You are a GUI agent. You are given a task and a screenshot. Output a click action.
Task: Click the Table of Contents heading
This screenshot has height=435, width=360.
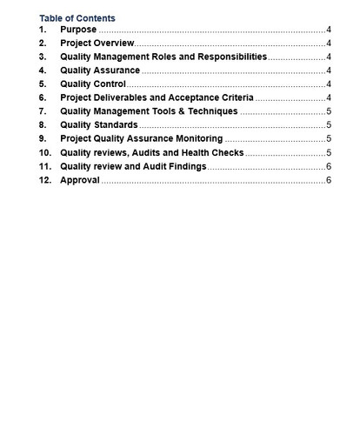tap(77, 18)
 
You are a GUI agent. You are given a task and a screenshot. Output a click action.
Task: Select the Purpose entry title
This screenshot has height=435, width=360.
tap(78, 30)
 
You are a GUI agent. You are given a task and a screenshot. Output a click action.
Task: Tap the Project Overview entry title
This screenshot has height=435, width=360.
tap(97, 43)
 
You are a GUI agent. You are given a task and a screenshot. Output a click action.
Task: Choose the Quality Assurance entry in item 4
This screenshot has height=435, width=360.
tap(99, 70)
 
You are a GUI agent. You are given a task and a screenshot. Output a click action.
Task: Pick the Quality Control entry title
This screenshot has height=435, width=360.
tap(92, 84)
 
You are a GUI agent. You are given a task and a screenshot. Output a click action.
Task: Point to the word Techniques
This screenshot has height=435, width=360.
tap(212, 111)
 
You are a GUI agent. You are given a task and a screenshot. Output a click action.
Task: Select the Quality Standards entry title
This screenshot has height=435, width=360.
tap(98, 125)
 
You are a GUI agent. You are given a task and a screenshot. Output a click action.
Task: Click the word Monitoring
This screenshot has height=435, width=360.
tap(199, 138)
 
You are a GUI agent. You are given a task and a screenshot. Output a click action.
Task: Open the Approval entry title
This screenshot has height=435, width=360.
tap(79, 180)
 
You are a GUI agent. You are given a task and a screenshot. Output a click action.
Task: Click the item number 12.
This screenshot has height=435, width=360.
tap(45, 180)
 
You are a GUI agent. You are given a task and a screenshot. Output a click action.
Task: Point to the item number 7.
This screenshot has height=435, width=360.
tap(43, 111)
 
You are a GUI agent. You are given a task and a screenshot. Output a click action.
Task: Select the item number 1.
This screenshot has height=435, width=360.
tap(43, 30)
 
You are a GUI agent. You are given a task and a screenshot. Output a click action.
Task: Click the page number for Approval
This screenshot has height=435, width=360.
tap(329, 180)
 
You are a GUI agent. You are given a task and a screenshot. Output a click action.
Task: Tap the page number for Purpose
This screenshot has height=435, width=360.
tap(329, 30)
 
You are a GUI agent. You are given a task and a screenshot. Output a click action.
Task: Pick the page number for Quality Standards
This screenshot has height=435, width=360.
tap(329, 125)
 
